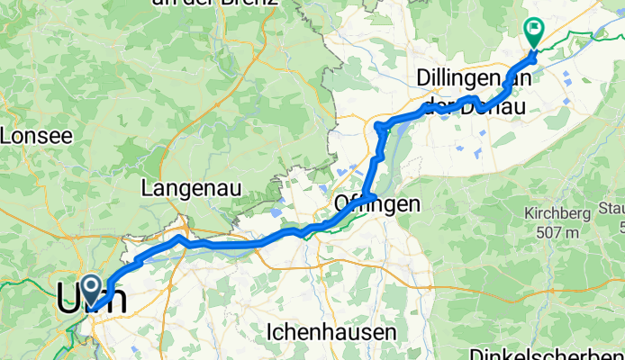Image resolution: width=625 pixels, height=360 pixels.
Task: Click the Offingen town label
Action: (x=377, y=204)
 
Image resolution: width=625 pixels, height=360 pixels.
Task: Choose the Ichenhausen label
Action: (x=331, y=332)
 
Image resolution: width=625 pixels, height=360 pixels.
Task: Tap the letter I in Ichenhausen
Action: (x=270, y=332)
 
